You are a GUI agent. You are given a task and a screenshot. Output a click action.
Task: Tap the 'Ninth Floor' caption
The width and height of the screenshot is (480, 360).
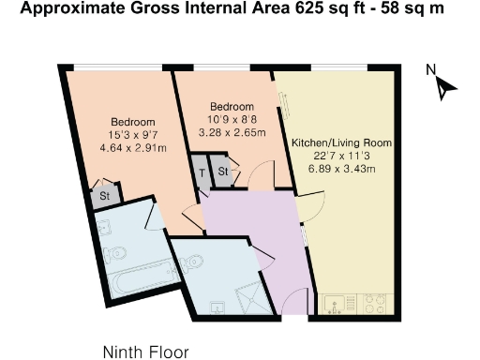tap(145, 352)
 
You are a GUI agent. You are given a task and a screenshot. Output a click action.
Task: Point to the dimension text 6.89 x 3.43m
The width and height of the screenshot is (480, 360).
tap(340, 169)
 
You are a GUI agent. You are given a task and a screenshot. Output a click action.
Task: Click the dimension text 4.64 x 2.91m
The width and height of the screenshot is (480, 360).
tap(132, 148)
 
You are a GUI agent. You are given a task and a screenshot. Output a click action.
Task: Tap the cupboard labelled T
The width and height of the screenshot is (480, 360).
tap(201, 172)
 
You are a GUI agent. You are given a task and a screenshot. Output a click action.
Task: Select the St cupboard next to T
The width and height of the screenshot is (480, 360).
tap(222, 172)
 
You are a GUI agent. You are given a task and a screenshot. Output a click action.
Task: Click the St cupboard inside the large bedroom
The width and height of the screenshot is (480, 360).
tap(105, 196)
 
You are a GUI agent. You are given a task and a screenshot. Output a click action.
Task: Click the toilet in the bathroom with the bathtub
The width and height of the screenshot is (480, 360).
tap(116, 253)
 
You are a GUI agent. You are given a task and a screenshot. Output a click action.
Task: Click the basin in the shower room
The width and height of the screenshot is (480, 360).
tap(217, 307)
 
